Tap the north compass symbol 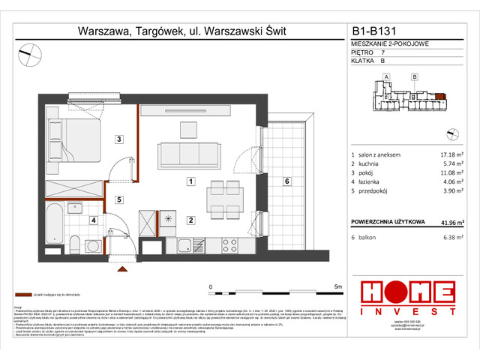click(x=31, y=52)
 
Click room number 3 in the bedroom click(x=118, y=139)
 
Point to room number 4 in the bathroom click(x=93, y=220)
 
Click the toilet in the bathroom click(x=75, y=241)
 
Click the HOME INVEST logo click(x=406, y=296)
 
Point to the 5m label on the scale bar click(x=337, y=286)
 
